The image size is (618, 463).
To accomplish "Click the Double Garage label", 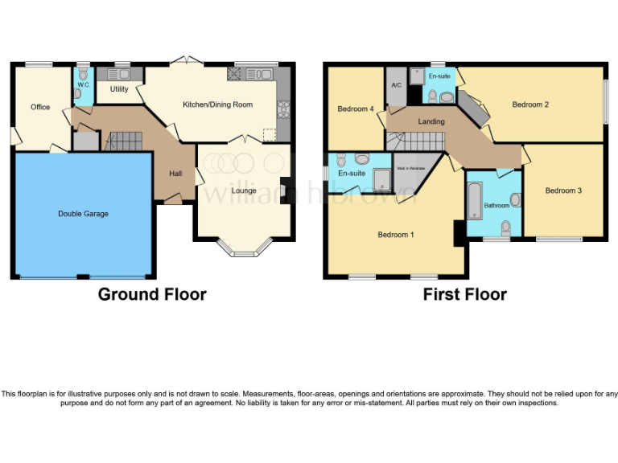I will (x=83, y=214).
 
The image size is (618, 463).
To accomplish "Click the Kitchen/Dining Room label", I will (x=217, y=104).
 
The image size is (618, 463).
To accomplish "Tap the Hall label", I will (x=175, y=174).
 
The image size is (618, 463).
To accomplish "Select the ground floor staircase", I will (x=124, y=141).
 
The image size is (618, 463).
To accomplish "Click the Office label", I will (x=40, y=107).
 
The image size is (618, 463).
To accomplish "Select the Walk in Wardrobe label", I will (x=410, y=168).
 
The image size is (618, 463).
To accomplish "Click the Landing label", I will (x=431, y=121).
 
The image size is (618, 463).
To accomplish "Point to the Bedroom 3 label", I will (x=561, y=191).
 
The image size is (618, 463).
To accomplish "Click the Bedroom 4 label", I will (x=355, y=109).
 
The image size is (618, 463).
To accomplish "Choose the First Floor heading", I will (x=465, y=294).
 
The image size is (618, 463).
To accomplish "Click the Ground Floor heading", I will (x=152, y=294).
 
